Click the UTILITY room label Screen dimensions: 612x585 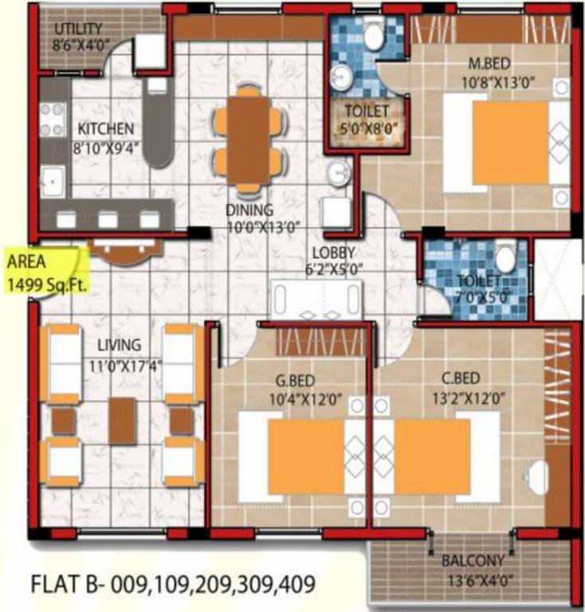pyautogui.click(x=79, y=29)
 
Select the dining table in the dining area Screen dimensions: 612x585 pyautogui.click(x=247, y=139)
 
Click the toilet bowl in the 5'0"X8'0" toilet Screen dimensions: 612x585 pyautogui.click(x=374, y=34)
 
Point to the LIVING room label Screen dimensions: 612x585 pyautogui.click(x=120, y=345)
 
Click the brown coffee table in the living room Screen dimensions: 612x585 pyautogui.click(x=122, y=420)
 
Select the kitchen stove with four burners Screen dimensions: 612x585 pyautogui.click(x=53, y=120)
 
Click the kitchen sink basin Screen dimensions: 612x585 pyautogui.click(x=53, y=182)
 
